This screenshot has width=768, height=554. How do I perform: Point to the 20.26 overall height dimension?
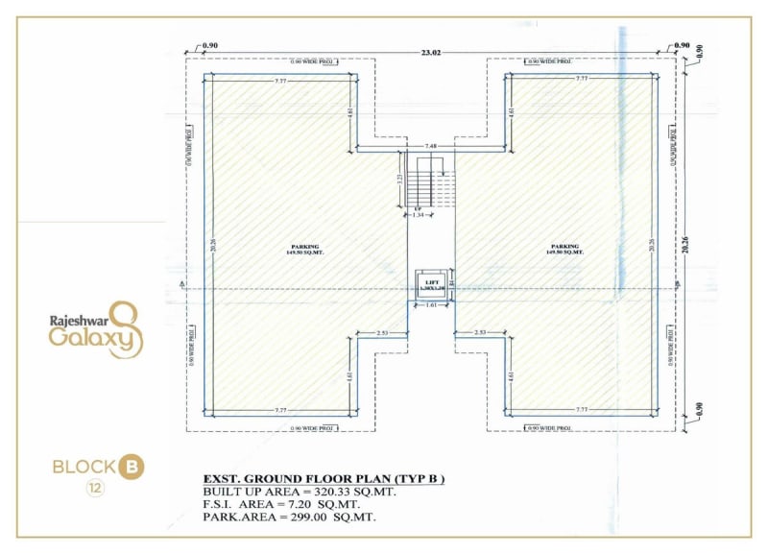click(698, 240)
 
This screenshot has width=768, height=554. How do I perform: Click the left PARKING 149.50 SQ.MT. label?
click(305, 250)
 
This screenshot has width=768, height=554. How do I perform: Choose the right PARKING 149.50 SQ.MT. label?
click(565, 250)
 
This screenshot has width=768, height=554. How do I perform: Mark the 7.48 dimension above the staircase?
click(431, 146)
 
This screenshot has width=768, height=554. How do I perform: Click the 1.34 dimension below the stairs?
click(418, 215)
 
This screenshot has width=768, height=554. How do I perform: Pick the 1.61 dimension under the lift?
click(431, 305)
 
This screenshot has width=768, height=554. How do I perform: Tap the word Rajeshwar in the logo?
click(74, 322)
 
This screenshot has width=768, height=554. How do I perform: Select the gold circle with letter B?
click(132, 468)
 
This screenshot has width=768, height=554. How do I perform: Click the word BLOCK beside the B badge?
click(83, 468)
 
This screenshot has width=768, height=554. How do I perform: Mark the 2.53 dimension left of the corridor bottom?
click(384, 332)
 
